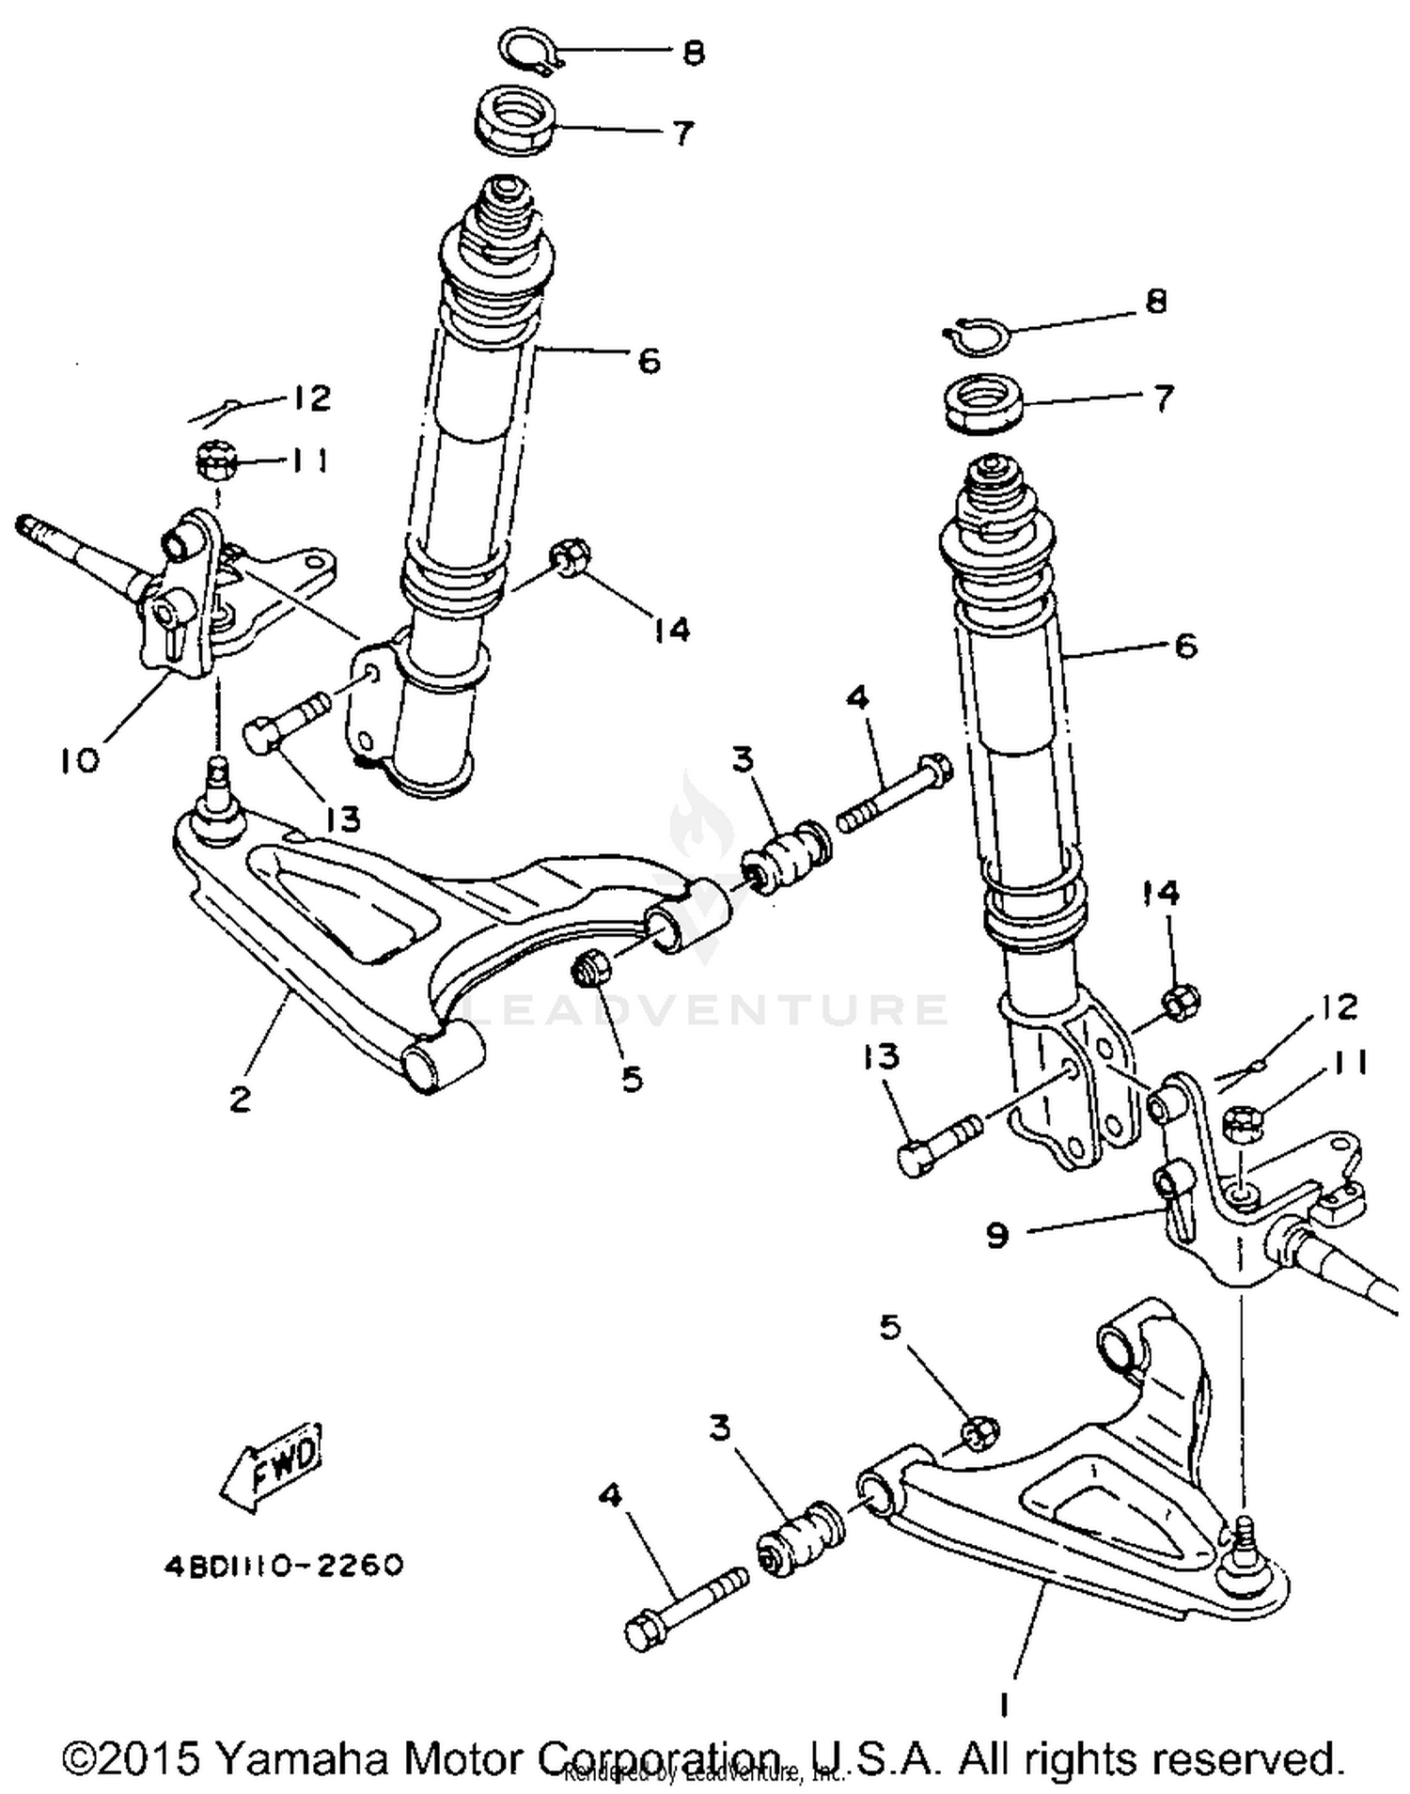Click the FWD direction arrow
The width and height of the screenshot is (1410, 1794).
(273, 1469)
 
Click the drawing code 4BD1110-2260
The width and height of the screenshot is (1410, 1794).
(284, 1566)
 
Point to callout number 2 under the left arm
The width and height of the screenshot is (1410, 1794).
(241, 1098)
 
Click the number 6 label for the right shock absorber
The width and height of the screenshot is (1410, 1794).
(1186, 647)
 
